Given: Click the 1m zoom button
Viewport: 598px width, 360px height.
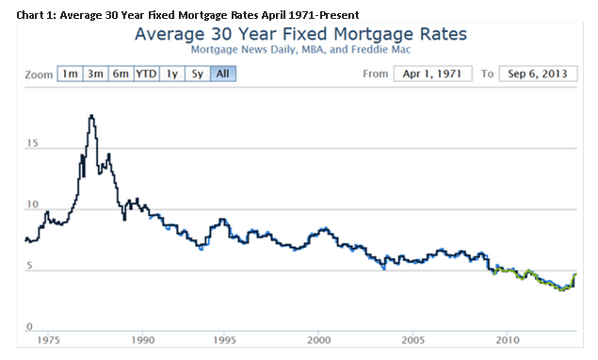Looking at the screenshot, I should (x=70, y=74).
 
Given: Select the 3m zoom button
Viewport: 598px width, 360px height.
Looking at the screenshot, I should (x=95, y=74).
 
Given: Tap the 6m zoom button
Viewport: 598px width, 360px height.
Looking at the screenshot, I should (x=120, y=74).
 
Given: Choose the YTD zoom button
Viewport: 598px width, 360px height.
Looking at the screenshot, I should (x=146, y=74).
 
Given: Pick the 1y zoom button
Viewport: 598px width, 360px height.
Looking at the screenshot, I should (x=171, y=74).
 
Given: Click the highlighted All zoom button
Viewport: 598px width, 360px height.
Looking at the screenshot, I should (x=221, y=74).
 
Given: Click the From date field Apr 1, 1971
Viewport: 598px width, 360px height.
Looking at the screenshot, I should (x=432, y=74).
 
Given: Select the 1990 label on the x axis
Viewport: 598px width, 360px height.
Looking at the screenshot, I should (x=142, y=339).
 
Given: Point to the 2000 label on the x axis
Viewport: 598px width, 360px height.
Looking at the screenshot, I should (x=319, y=339).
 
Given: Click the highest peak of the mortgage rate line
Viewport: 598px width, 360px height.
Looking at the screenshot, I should (x=91, y=116).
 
